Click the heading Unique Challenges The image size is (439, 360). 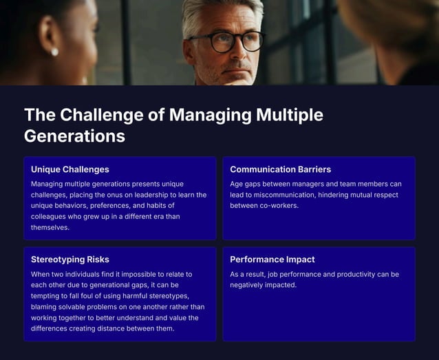(x=69, y=169)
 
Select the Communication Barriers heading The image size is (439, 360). (x=280, y=169)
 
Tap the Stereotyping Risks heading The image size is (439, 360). (x=69, y=260)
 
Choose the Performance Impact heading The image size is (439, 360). (x=272, y=260)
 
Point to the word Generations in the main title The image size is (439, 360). (x=74, y=136)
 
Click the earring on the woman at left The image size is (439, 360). (x=54, y=52)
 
